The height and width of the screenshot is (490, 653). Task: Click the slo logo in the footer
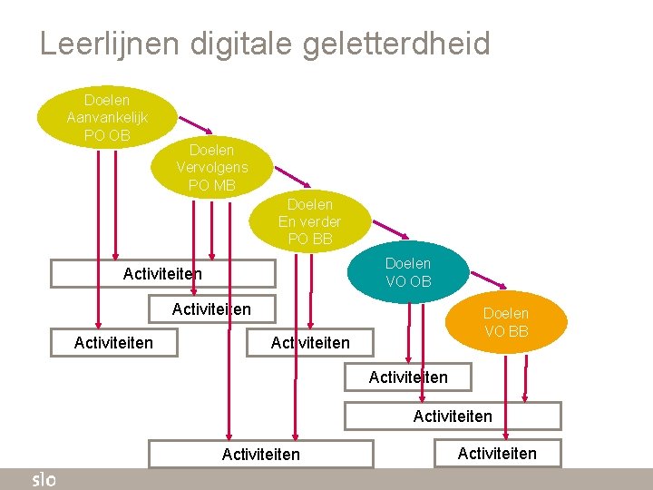44,479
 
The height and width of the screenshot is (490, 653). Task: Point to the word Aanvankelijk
107,118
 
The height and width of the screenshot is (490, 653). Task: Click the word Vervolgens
211,168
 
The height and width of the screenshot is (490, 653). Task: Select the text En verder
309,222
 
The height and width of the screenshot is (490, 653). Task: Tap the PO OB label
107,136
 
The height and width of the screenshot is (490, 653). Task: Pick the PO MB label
211,186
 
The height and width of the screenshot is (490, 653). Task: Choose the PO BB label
309,240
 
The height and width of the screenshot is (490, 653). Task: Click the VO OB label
408,281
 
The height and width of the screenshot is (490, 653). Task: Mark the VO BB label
506,331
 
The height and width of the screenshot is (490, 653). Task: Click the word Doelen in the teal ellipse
408,263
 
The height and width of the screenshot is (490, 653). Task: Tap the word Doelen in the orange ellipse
506,313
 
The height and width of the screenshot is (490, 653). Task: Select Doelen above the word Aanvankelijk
107,100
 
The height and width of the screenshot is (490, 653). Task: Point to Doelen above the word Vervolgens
211,150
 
